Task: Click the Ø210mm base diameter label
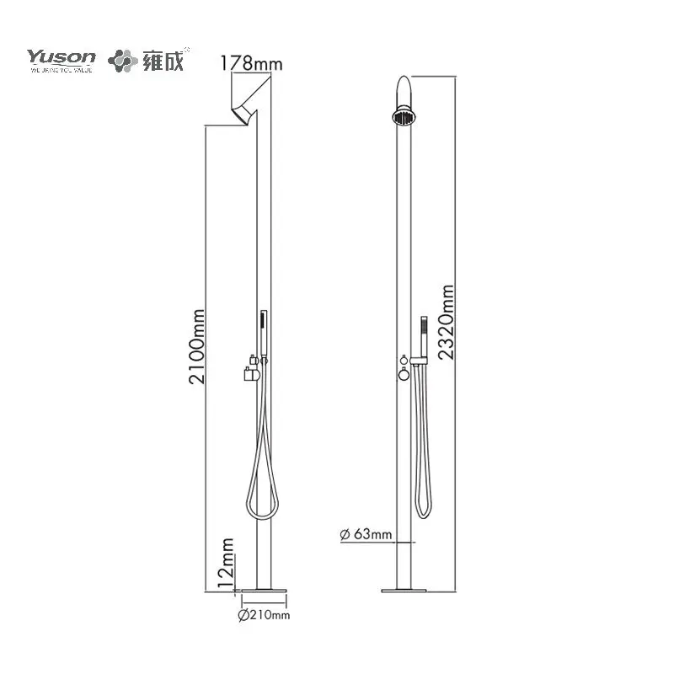click(264, 616)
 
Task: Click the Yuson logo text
click(61, 57)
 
